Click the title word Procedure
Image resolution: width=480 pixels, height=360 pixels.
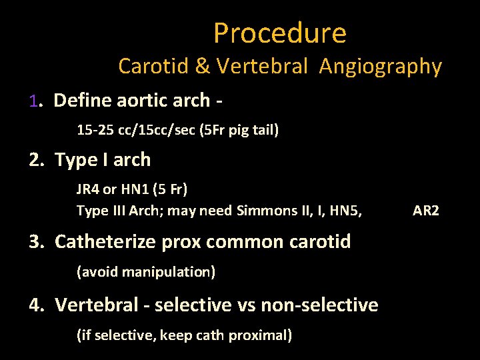[x=280, y=33]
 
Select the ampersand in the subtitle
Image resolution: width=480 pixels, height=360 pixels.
[x=201, y=67]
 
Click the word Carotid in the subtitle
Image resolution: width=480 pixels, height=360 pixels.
[x=153, y=67]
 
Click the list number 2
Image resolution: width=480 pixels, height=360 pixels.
[x=35, y=160]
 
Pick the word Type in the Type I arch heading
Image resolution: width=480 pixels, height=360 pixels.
[x=76, y=161]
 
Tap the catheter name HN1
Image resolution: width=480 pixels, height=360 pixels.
[x=131, y=189]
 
